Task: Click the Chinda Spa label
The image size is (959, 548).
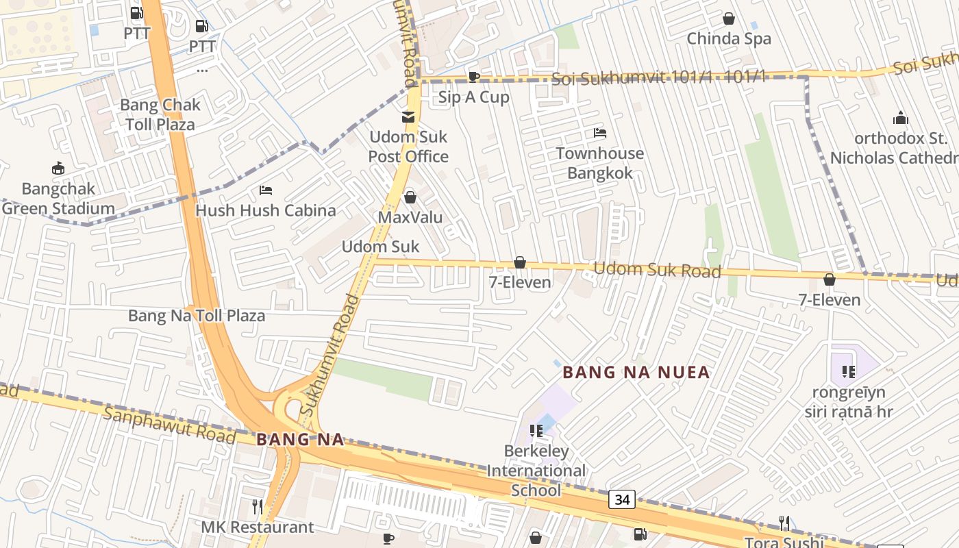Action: [x=729, y=39]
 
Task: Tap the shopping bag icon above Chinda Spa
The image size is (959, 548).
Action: [x=729, y=18]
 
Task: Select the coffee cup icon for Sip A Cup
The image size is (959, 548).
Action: [x=473, y=77]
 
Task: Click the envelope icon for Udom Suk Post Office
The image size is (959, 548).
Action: [x=408, y=116]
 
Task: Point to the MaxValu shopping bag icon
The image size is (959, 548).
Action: [x=410, y=197]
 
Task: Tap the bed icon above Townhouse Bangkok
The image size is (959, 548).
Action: [x=600, y=133]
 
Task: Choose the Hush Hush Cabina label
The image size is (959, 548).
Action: [x=266, y=210]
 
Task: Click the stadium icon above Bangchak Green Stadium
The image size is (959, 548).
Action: [x=58, y=168]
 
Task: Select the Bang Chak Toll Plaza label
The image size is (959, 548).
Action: [x=160, y=114]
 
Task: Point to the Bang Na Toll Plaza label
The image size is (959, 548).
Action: [x=197, y=316]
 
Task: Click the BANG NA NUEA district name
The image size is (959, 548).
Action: [x=636, y=373]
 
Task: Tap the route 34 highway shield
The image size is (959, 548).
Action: [x=622, y=499]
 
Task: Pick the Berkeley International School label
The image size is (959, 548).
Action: [x=536, y=471]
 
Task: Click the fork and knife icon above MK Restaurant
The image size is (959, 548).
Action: [x=258, y=507]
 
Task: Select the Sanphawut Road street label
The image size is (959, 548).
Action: [x=170, y=425]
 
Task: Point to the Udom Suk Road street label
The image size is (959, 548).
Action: [x=657, y=269]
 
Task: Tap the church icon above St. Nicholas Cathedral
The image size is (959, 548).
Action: [x=900, y=117]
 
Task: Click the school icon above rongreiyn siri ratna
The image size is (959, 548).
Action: [x=849, y=372]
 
